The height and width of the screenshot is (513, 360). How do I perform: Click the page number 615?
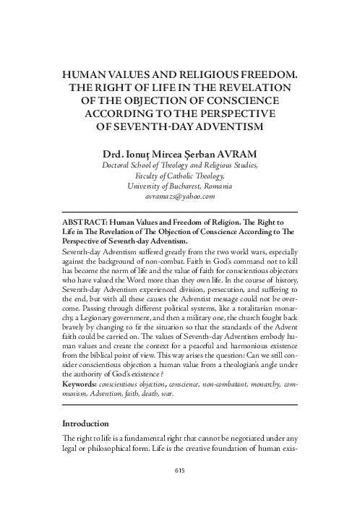(181, 471)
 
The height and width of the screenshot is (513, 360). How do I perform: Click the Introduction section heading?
(85, 423)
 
